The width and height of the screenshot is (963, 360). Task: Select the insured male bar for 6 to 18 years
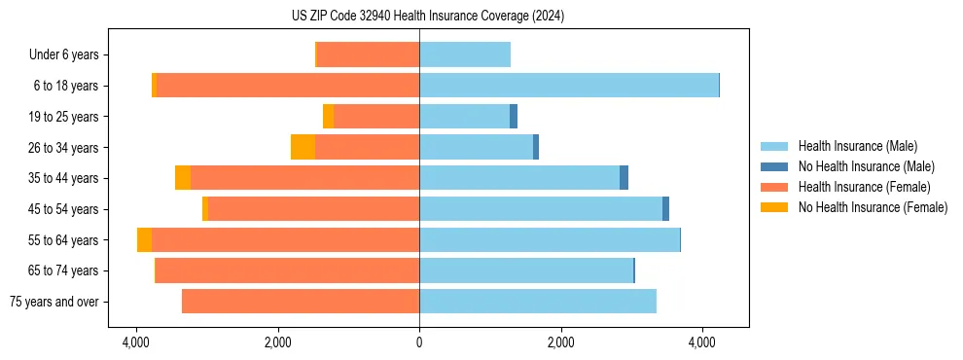pos(569,86)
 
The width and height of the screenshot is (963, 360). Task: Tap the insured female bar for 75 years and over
pos(301,302)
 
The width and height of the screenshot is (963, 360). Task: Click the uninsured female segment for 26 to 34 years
pos(303,147)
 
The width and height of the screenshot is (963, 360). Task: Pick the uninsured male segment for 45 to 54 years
pos(665,209)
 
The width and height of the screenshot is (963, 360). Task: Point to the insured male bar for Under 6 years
pos(465,54)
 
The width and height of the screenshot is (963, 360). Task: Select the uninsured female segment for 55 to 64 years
pos(144,240)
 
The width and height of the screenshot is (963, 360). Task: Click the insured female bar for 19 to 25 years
pos(376,117)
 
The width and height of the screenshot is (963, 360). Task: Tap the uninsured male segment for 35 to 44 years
pos(624,178)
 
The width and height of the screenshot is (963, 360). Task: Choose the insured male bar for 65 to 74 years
pos(526,270)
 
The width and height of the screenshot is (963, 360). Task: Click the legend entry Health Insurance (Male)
pos(857,146)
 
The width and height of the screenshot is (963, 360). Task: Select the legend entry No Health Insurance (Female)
pos(873,207)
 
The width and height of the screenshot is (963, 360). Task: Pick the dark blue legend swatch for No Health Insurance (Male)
pos(774,166)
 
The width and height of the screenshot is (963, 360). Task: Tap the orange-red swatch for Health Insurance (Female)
pos(774,187)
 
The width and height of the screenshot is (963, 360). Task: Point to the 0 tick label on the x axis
pos(419,342)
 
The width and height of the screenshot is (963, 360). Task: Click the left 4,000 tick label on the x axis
pos(136,342)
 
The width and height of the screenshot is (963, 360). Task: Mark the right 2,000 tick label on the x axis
pos(560,342)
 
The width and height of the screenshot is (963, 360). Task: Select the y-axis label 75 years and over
pos(53,302)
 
